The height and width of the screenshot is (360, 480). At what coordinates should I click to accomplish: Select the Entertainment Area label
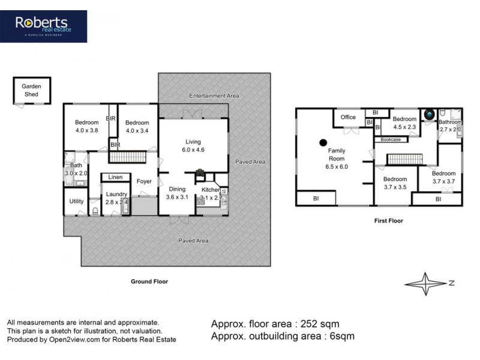pos(214,96)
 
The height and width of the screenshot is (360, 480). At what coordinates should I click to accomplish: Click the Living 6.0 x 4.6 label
pos(194,146)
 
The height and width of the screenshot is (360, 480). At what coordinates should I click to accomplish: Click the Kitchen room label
pos(211,193)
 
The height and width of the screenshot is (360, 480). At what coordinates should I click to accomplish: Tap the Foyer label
pos(143,181)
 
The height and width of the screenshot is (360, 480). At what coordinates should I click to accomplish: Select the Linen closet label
pos(116,177)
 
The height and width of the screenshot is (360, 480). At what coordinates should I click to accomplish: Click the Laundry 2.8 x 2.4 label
pos(116,198)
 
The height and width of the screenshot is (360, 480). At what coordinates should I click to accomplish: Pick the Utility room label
pos(76,202)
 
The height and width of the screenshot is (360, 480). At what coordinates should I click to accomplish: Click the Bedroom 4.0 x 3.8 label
pos(87,126)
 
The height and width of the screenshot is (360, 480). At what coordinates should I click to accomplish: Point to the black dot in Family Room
pos(323,143)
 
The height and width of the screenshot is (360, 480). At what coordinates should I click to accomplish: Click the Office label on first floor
pos(348,118)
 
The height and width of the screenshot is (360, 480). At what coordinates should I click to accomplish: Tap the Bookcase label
pos(391,139)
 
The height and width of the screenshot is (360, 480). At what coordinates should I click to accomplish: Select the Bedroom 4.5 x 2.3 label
pos(404,122)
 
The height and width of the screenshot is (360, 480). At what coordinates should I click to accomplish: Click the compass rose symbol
pos(427,282)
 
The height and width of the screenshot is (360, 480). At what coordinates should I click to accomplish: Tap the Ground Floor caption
pos(149,281)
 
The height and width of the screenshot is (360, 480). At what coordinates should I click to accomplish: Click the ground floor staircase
pos(127,157)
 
